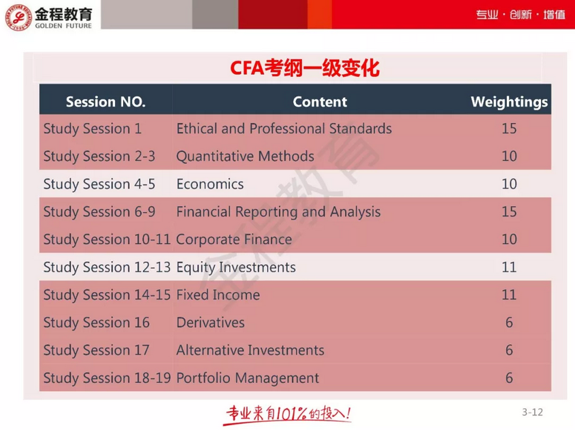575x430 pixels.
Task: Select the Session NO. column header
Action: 105,102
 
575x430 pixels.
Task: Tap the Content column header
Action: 319,102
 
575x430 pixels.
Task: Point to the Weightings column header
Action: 509,102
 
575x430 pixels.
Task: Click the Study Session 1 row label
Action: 93,129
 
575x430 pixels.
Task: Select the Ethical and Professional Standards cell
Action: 284,129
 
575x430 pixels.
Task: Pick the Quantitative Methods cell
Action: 245,156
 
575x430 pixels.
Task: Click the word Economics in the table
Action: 210,184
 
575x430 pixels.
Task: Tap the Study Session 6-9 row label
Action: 99,212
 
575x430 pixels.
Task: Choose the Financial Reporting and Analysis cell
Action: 278,212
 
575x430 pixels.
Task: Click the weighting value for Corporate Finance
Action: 509,239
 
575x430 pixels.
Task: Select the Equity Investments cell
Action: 235,267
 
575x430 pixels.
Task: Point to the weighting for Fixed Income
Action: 509,295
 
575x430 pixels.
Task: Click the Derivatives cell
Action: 210,322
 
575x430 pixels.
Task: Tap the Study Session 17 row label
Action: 96,350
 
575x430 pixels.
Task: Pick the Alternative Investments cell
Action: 250,350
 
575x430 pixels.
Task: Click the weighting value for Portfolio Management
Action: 509,378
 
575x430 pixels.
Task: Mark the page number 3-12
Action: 533,412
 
